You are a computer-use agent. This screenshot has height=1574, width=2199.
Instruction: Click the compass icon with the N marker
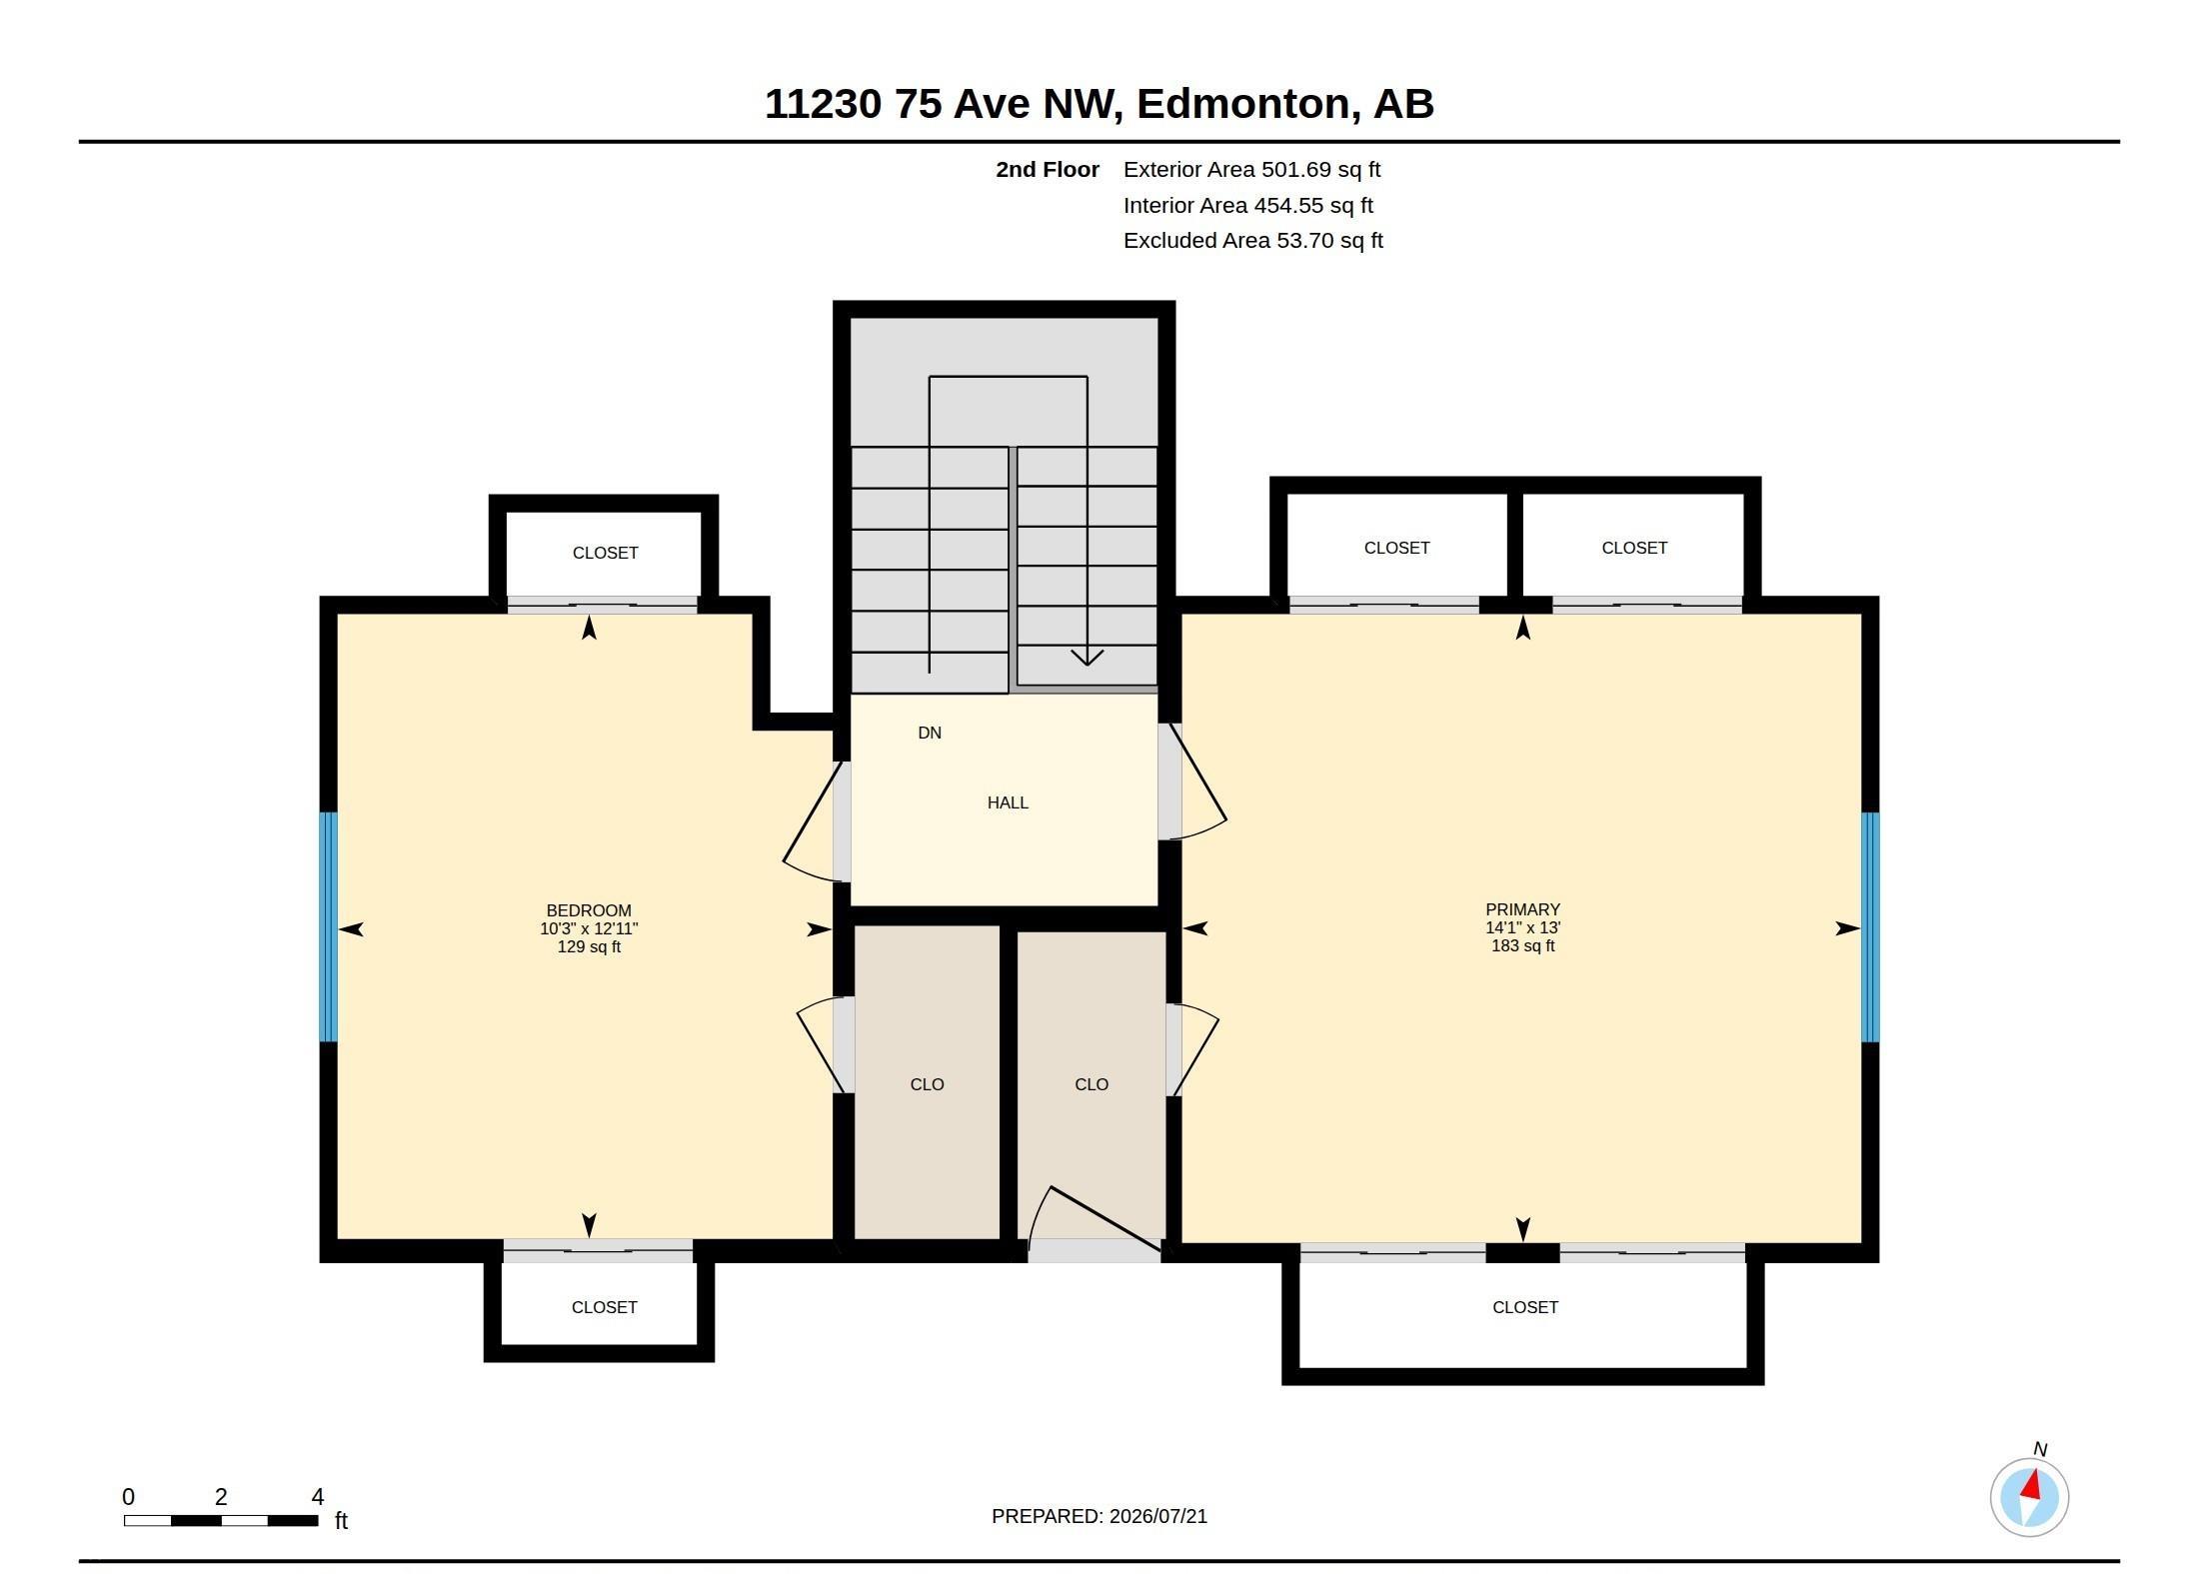(2029, 1496)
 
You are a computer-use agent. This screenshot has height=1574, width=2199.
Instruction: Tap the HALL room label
(1008, 802)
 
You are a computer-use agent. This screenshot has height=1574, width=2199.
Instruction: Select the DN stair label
(930, 733)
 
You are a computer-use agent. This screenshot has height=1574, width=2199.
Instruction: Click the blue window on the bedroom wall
(328, 927)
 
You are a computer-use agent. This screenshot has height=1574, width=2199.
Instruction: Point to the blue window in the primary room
(1870, 927)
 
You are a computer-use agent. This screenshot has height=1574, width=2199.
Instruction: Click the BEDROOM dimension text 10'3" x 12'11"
(589, 928)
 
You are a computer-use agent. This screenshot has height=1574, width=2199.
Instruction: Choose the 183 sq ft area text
(1523, 945)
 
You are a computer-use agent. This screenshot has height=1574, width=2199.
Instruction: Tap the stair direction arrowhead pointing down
(1088, 657)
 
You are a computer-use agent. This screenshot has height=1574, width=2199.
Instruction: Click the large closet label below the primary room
(1525, 1307)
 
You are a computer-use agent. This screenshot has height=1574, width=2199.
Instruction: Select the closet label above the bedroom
(605, 553)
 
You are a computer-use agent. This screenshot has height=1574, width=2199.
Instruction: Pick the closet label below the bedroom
(604, 1307)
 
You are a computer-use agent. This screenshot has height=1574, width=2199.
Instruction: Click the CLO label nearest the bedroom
(927, 1084)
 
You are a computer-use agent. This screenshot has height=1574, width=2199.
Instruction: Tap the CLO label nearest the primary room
(1092, 1084)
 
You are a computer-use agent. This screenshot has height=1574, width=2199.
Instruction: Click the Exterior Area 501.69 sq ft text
(1251, 170)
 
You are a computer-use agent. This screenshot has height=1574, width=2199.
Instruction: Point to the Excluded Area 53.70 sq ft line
(1253, 241)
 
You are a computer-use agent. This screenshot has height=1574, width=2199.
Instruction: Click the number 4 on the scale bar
(318, 1497)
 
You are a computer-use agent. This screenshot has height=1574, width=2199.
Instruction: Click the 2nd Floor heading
(1048, 170)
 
